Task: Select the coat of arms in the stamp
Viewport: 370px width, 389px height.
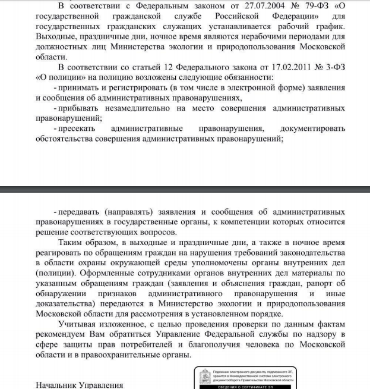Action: [x=204, y=377]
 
